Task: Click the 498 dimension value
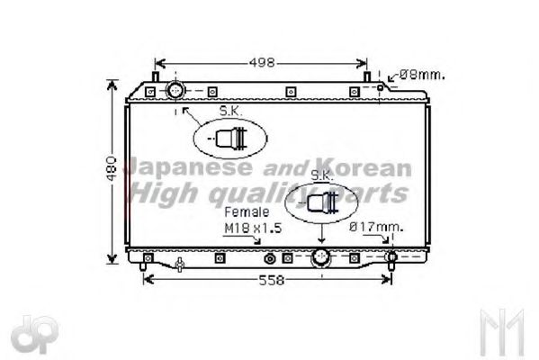tap(261, 63)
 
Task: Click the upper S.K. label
tap(230, 112)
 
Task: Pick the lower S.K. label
tap(321, 175)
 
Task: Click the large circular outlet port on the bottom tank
tap(320, 259)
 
